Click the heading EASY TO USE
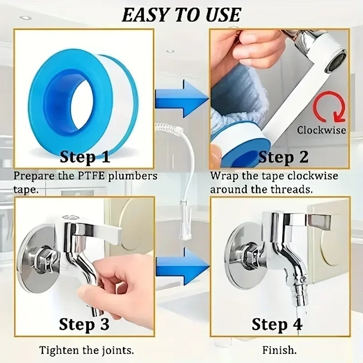[181, 15]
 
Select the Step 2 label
[283, 157]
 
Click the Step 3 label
[84, 324]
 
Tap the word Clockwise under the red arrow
[321, 130]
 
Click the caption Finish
[279, 350]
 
